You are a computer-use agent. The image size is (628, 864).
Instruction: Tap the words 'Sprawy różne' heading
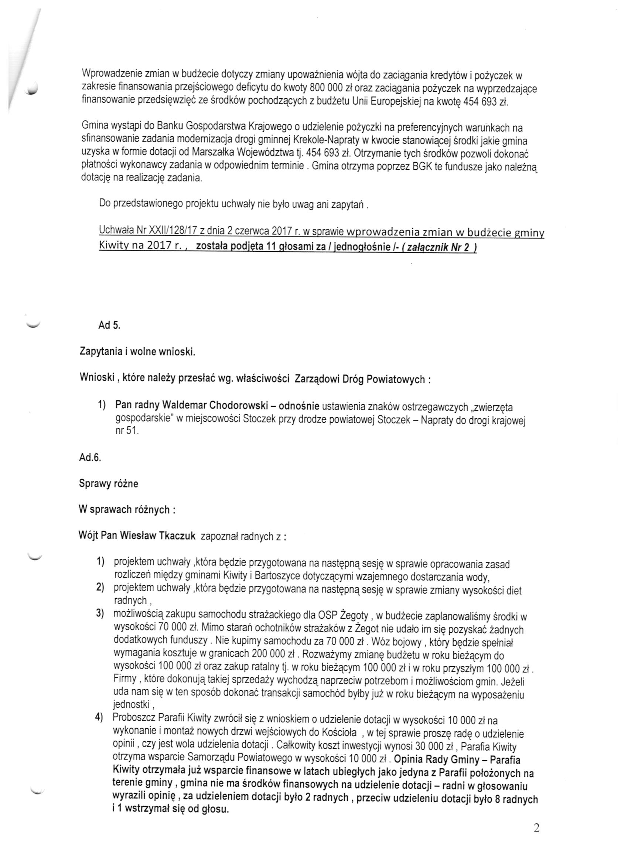tap(109, 484)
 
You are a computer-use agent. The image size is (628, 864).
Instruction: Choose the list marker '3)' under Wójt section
tap(100, 616)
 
